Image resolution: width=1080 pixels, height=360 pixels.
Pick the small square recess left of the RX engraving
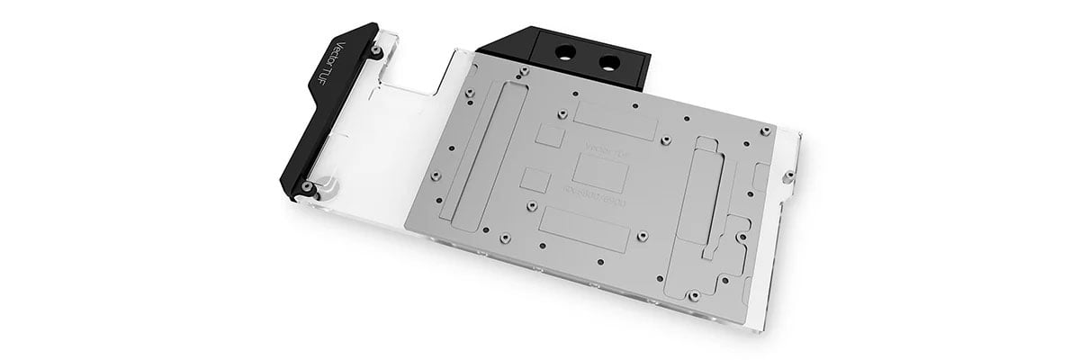535,175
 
